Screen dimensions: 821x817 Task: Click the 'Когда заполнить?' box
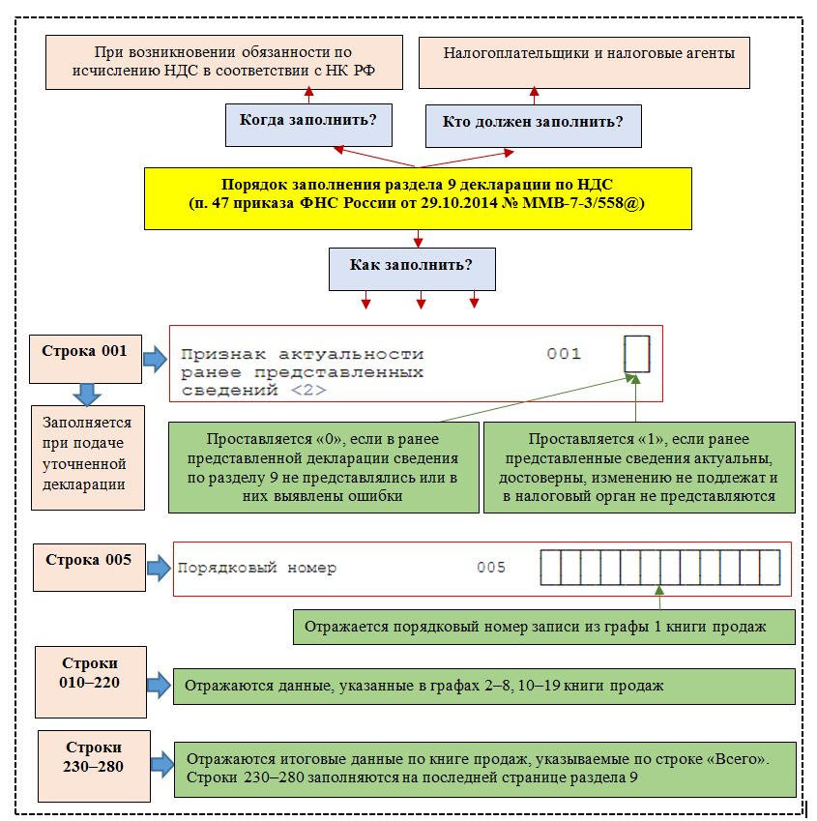tap(308, 121)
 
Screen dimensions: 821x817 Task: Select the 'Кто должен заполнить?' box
tap(533, 122)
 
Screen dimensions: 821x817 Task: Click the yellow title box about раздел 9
tap(418, 197)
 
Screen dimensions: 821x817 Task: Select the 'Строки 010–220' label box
tap(90, 682)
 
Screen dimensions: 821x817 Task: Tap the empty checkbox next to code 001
tap(637, 354)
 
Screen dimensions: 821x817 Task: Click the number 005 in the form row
tap(491, 568)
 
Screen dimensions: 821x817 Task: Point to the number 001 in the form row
tap(564, 354)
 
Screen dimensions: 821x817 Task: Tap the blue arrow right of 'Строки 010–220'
tap(159, 686)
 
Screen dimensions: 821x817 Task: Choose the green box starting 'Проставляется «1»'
tap(637, 466)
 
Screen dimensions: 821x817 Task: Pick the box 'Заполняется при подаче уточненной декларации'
tap(88, 456)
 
